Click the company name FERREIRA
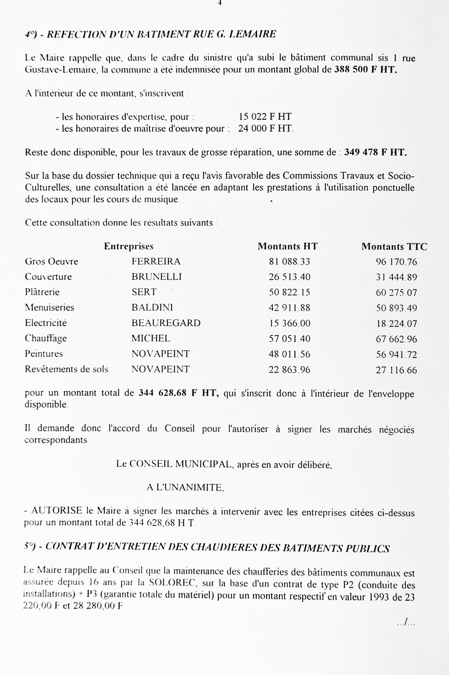click(x=156, y=261)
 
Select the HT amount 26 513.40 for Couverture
click(x=289, y=277)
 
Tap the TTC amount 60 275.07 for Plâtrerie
click(x=396, y=292)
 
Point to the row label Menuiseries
click(x=50, y=307)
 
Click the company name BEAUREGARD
click(x=166, y=323)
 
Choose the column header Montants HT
click(x=288, y=246)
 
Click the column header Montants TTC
click(x=394, y=247)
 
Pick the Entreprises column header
click(x=129, y=246)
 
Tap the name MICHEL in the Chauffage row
click(x=151, y=338)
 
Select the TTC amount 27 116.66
click(x=396, y=370)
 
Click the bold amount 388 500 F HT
click(x=366, y=70)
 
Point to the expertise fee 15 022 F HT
click(x=265, y=116)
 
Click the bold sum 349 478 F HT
click(x=375, y=152)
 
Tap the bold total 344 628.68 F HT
click(x=179, y=393)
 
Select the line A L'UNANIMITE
click(x=185, y=487)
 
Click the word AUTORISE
click(x=57, y=511)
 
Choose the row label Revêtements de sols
click(x=66, y=369)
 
